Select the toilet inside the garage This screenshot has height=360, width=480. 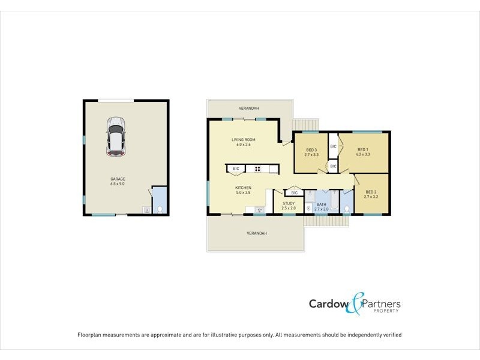point(159,209)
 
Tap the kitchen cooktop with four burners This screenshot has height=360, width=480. point(257,169)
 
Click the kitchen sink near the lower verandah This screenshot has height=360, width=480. point(259,209)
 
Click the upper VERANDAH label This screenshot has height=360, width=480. point(248,109)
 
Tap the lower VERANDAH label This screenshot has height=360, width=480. point(256,233)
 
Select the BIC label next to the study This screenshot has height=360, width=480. point(294,193)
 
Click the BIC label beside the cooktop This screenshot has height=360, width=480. point(236,169)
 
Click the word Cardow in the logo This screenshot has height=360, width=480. point(327,304)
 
